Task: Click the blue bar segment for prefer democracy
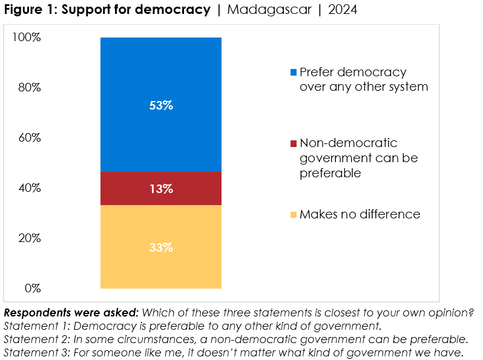click(x=161, y=73)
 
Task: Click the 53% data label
click(x=161, y=105)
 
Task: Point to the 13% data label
click(x=161, y=189)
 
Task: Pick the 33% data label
click(x=161, y=247)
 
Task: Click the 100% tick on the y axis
click(x=26, y=38)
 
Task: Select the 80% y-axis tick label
click(x=28, y=88)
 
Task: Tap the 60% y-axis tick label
click(x=28, y=138)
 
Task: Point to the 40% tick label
click(x=28, y=188)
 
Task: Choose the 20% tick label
click(x=28, y=238)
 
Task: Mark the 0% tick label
click(x=31, y=288)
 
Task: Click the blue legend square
click(x=294, y=73)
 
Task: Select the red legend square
click(x=294, y=143)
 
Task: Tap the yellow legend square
click(x=294, y=215)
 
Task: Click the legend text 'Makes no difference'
click(x=360, y=214)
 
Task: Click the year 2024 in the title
click(x=344, y=10)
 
